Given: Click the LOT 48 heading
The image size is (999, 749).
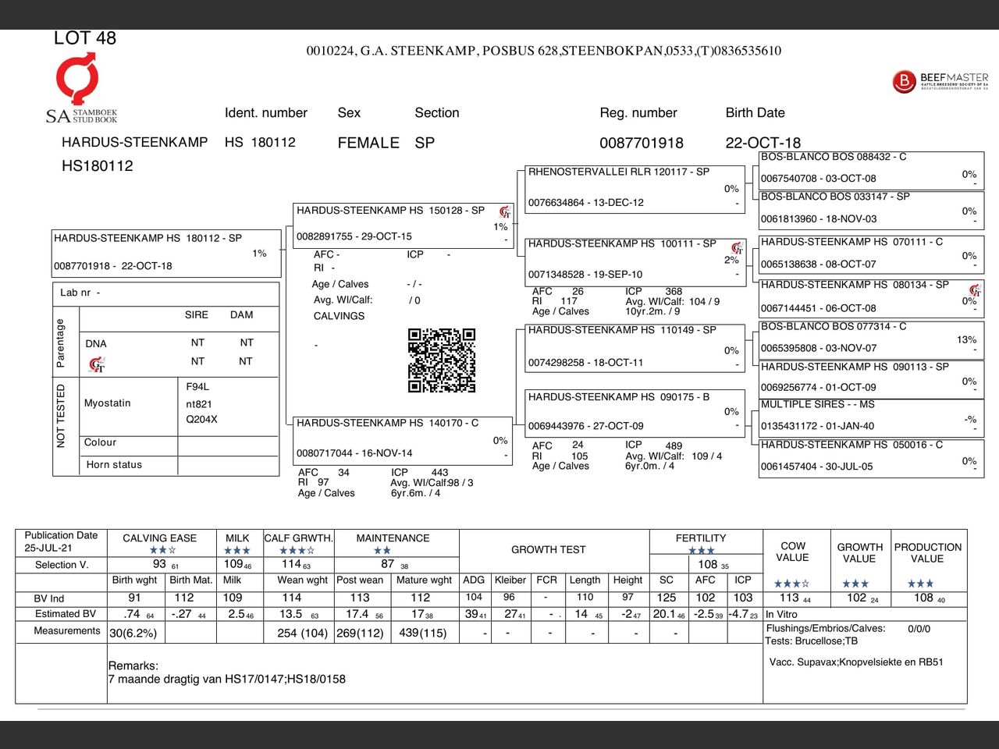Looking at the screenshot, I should pos(84,38).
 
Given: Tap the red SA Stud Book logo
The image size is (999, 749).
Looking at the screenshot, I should pos(77,78).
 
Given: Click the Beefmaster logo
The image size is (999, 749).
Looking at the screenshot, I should pos(940,81).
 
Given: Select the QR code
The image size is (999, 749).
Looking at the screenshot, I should pos(441,360).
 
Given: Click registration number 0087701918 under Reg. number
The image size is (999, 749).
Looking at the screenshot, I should pos(641,143).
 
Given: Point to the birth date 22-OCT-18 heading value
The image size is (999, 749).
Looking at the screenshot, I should pos(763,143).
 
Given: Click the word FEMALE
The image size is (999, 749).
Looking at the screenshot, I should pos(368,143).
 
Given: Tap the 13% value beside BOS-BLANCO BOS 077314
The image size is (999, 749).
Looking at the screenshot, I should pos(966,339).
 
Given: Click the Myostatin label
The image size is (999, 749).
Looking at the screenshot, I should pos(108,403).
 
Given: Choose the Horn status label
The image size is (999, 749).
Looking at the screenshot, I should pos(114,465).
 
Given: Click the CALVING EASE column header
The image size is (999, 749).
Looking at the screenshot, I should pos(159,538).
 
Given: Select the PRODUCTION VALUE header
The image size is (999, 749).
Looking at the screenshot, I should pos(927,552).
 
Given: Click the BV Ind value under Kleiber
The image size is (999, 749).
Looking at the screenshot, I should pos(509,597).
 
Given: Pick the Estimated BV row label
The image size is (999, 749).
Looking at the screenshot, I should pos(66,614).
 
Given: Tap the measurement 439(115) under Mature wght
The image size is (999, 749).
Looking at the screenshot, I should pos(421,633).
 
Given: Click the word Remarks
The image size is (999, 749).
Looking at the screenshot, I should pos(133,666).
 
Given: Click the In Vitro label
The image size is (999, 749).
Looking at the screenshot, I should pos(781,614).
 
